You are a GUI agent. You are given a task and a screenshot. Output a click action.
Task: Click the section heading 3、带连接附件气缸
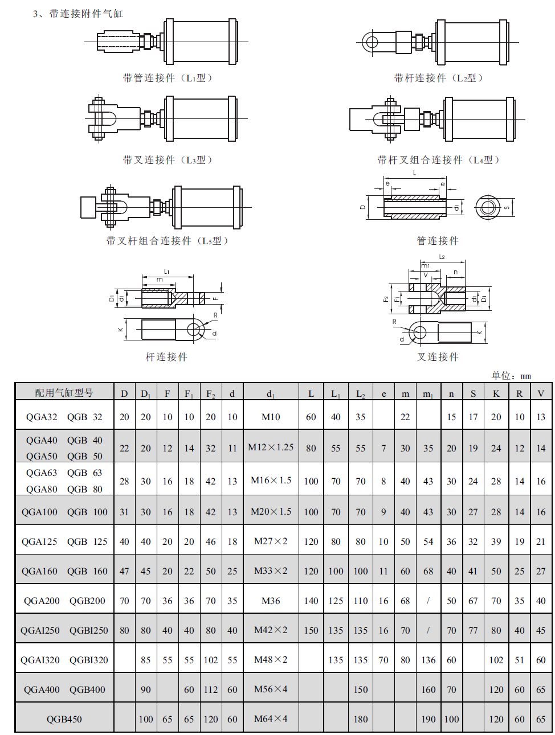[77, 14]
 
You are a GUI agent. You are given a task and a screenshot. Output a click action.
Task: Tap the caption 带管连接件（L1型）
[168, 78]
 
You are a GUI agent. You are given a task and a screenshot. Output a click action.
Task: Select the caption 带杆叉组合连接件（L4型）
[438, 160]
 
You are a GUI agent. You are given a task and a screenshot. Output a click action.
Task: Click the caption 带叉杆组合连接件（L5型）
[167, 240]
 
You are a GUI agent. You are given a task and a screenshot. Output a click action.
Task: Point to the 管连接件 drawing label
[438, 240]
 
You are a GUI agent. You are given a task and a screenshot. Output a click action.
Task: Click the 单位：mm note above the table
[511, 376]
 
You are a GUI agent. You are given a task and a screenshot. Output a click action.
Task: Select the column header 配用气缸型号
[64, 392]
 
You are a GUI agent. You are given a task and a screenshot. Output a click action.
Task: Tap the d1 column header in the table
[271, 394]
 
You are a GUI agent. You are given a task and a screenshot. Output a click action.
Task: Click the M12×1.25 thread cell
[271, 447]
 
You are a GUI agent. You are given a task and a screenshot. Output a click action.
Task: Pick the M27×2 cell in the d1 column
[271, 541]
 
